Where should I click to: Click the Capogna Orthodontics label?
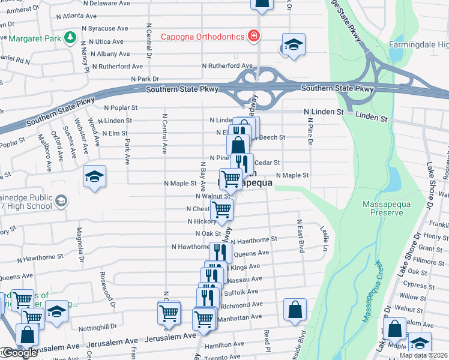click(x=202, y=37)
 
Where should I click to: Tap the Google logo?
click(x=19, y=353)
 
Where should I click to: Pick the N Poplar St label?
click(x=121, y=108)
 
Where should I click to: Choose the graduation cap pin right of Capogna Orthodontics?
click(x=293, y=45)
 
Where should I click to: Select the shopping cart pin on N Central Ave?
click(x=169, y=313)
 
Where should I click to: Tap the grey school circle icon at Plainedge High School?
click(x=61, y=200)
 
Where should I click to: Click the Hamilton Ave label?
click(x=224, y=345)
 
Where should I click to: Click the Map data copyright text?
click(x=424, y=355)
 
